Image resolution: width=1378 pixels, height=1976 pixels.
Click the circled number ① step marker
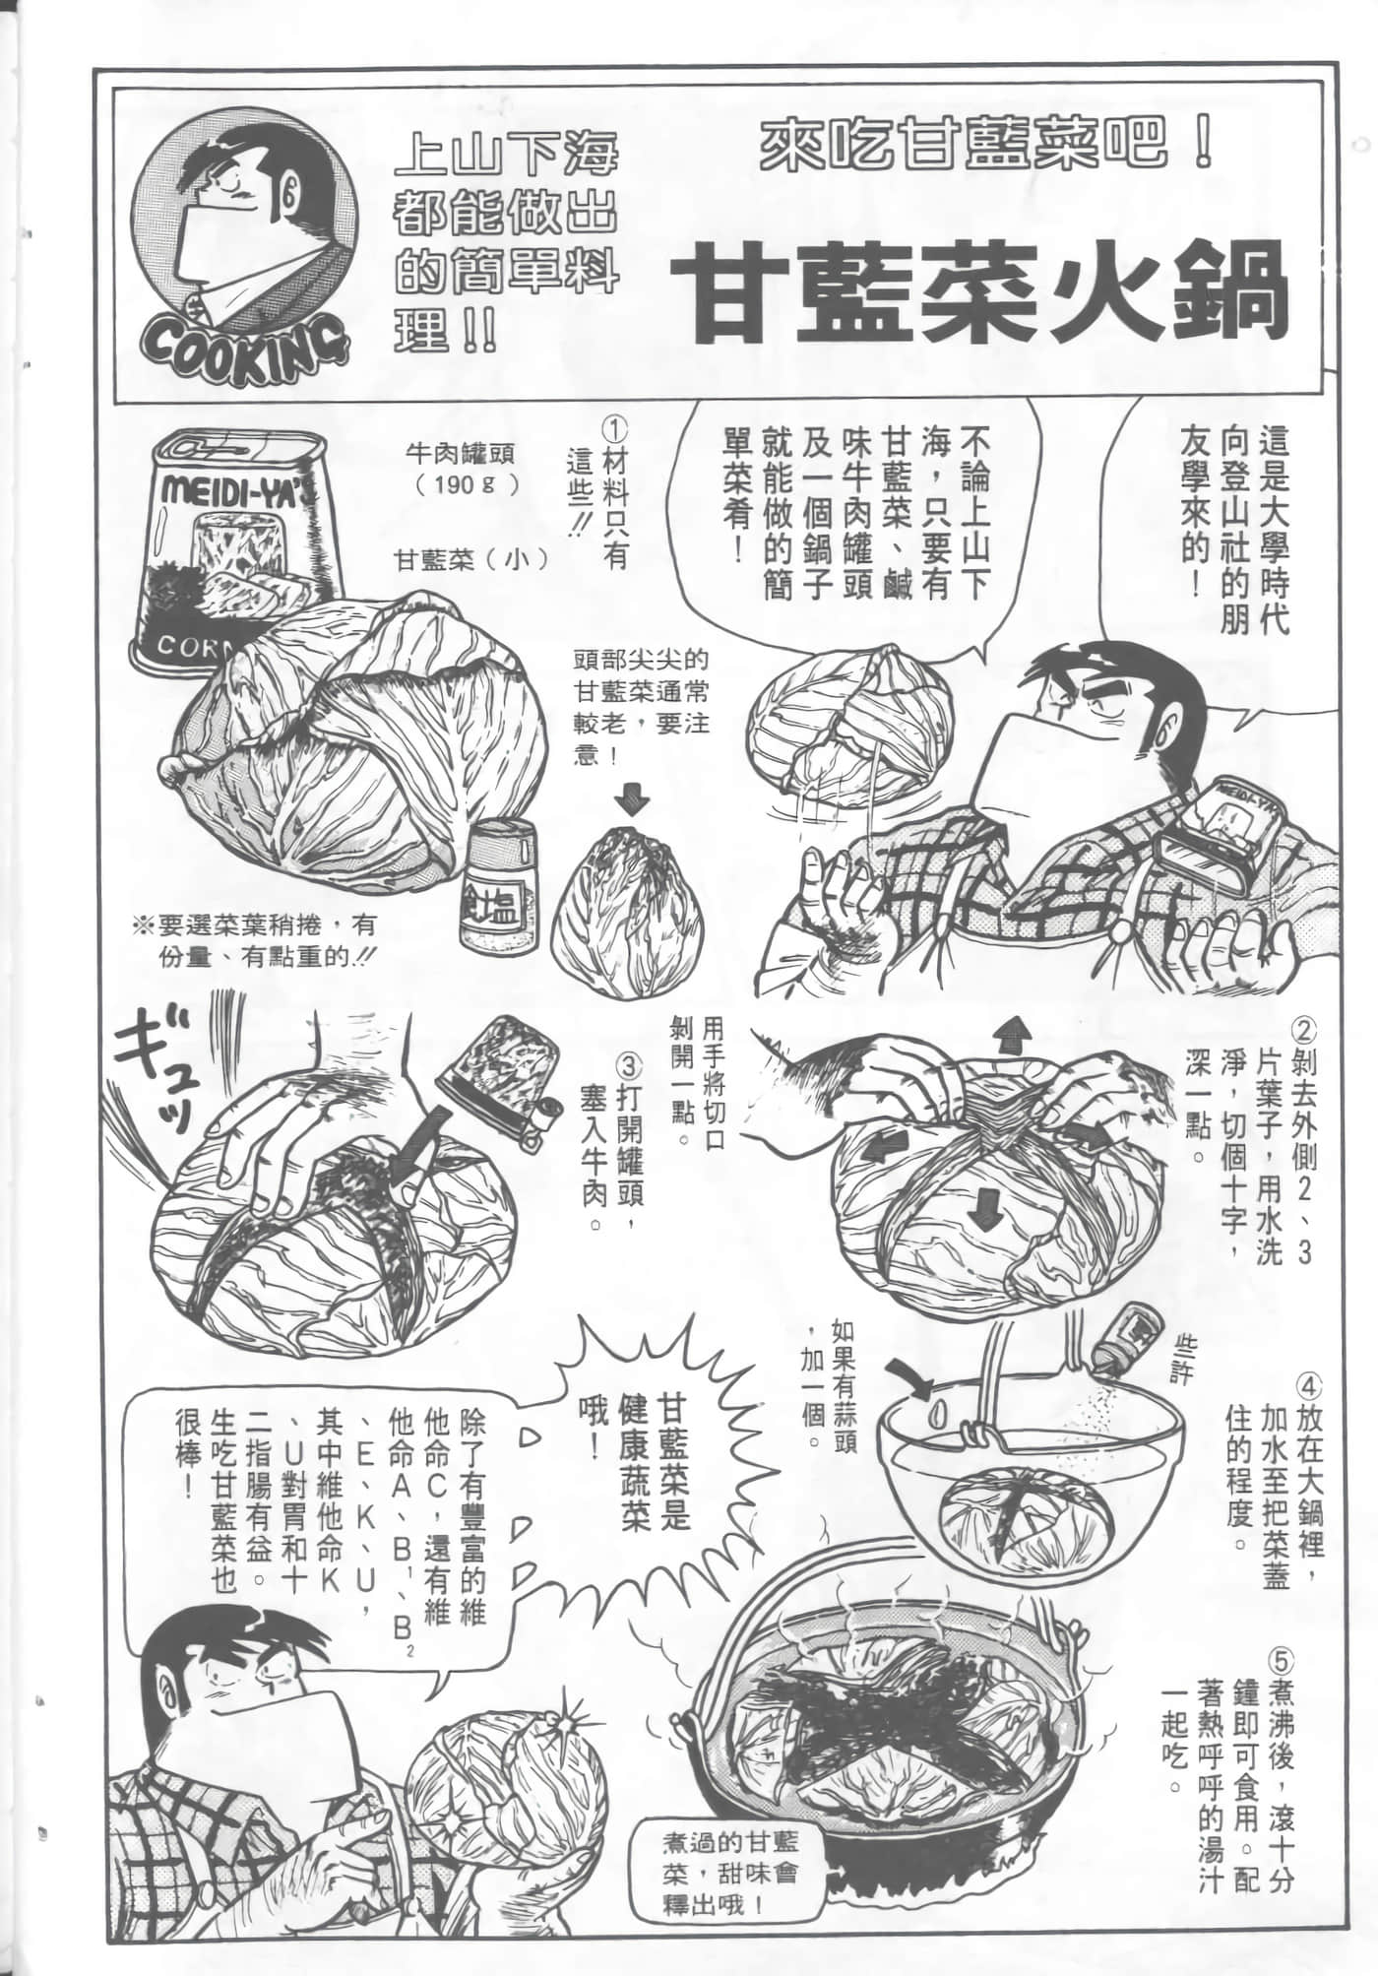point(615,430)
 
